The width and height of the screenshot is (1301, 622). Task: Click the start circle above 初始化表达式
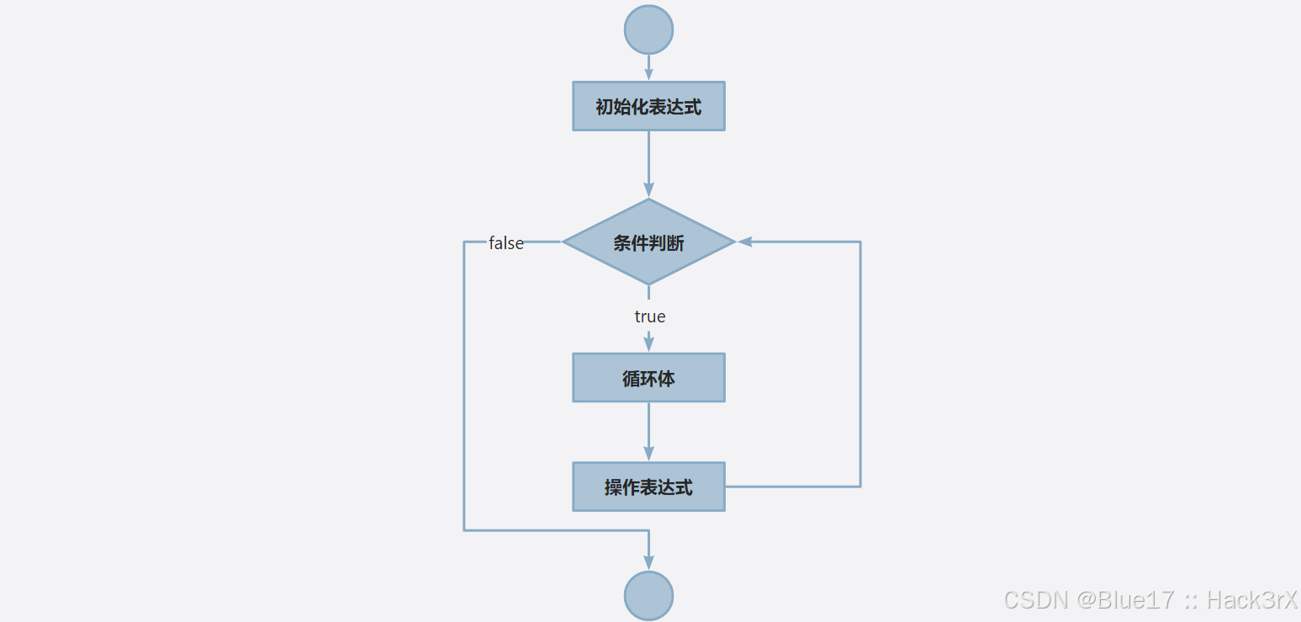[x=648, y=29]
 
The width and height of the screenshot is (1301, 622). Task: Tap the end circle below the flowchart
[x=648, y=596]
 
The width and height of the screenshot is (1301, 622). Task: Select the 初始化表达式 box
[x=648, y=106]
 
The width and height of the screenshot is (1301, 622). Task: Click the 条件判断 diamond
[x=648, y=242]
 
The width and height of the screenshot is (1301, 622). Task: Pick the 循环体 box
[x=648, y=378]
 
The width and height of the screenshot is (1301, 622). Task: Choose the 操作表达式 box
[x=648, y=486]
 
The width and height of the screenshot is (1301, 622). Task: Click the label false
[x=506, y=243]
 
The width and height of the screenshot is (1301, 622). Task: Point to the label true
[x=649, y=316]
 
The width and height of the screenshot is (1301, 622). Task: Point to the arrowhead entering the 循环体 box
[x=648, y=344]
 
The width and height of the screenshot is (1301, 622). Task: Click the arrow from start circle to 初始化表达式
[x=648, y=66]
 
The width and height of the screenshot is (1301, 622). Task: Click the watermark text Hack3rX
[x=1253, y=599]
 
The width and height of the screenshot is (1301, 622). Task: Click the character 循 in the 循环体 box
[x=631, y=379]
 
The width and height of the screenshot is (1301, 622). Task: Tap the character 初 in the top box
[x=604, y=107]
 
